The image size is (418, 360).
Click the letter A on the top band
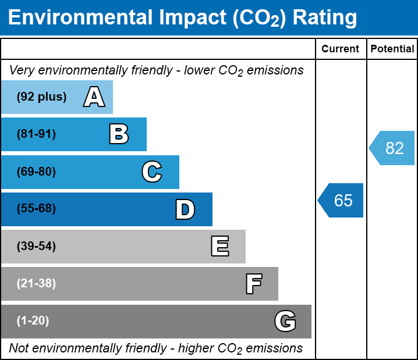point(94,97)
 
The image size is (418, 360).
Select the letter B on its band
point(119,134)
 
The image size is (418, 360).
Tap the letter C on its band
point(151,172)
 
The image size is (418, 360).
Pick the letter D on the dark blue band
point(185,209)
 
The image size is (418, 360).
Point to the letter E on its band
point(219,247)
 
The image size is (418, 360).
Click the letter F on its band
point(253,284)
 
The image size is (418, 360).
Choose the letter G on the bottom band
point(285,321)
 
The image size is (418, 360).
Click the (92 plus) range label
point(41,97)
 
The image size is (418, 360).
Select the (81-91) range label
point(36,134)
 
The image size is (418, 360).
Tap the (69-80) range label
point(36,172)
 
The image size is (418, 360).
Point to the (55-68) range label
point(36,209)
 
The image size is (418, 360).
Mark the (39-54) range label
point(36,247)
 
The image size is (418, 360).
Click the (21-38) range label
point(36,284)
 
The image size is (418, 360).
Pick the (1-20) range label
point(33,321)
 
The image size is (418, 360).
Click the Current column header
point(341,49)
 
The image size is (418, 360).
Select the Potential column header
point(392,49)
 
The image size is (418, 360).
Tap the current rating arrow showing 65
point(342,201)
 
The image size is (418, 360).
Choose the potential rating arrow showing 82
point(393,148)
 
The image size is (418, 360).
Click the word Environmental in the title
point(79,18)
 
